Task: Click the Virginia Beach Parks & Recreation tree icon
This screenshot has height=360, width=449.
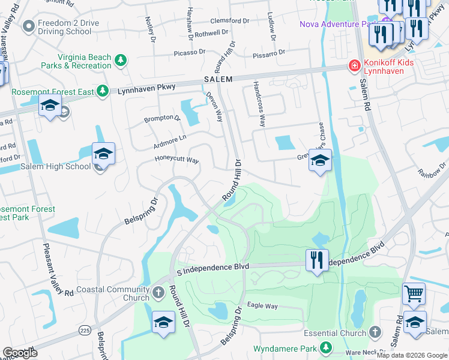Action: [x=121, y=61]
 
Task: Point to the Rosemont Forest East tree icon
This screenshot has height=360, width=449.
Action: [x=103, y=91]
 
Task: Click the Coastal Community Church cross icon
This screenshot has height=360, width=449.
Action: [x=158, y=293]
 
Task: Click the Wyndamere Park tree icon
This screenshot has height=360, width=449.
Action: [x=325, y=347]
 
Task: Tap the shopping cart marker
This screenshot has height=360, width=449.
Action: [x=414, y=293]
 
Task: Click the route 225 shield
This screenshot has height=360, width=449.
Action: [x=85, y=330]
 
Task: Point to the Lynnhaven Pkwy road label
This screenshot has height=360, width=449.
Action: [x=146, y=88]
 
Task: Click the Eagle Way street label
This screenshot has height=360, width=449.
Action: [x=262, y=306]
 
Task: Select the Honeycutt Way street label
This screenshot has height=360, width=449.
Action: [x=176, y=160]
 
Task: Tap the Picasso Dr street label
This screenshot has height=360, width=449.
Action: [x=190, y=53]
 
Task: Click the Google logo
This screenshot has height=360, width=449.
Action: [x=20, y=353]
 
